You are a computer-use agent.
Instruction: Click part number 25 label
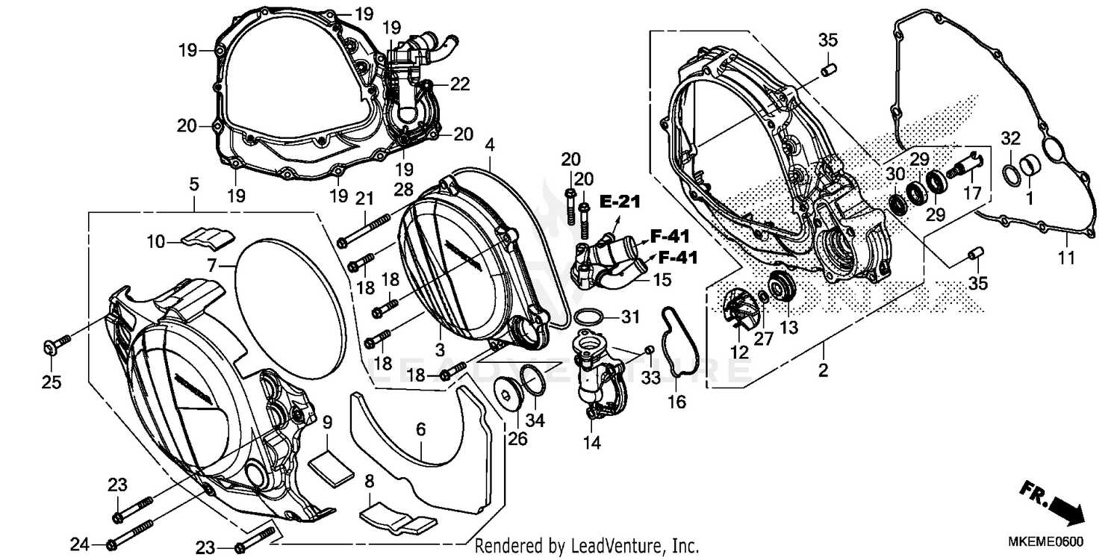[51, 382]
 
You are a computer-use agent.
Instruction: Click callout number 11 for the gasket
[1065, 258]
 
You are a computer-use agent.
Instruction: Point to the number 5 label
[193, 182]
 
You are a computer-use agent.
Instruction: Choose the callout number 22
[459, 84]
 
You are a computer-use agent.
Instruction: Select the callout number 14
[591, 443]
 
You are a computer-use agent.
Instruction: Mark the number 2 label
[823, 370]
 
